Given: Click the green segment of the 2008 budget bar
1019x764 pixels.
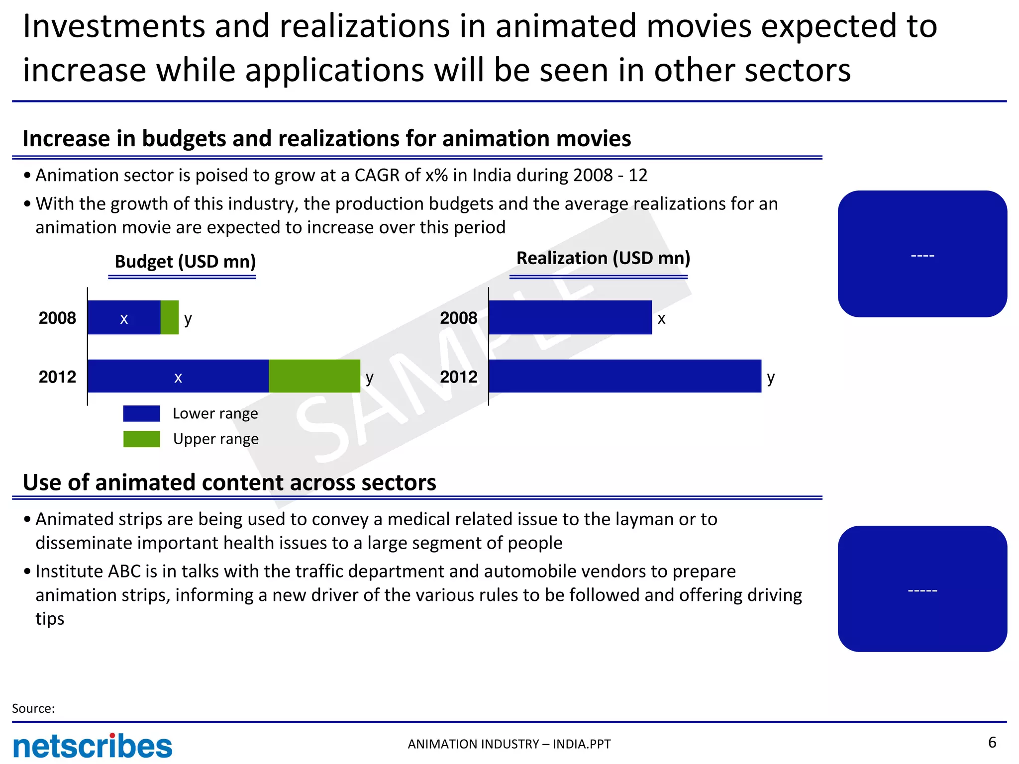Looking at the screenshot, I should tap(169, 317).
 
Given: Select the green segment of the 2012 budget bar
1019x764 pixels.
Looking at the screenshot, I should tap(314, 376).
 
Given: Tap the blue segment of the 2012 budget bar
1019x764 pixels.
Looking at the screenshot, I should tap(178, 376).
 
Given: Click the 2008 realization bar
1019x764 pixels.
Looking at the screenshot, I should tap(570, 317).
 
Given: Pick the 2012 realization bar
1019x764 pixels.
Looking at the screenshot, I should tap(624, 376).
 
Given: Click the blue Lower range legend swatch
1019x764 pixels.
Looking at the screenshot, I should tap(141, 413).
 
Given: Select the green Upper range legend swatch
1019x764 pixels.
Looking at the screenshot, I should tap(141, 439).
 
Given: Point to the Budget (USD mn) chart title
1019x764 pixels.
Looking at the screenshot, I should tap(185, 261).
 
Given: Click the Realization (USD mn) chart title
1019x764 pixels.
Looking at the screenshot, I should tap(603, 258).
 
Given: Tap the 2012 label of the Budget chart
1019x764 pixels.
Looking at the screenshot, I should tap(57, 377).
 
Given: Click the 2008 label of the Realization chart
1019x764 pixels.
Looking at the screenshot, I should tap(458, 318).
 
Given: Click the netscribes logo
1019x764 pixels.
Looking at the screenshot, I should tap(93, 746).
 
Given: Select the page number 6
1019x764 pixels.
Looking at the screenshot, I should tap(992, 742).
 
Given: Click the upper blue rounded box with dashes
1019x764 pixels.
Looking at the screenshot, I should tap(922, 254).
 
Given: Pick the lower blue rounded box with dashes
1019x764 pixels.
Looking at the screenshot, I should tap(922, 589).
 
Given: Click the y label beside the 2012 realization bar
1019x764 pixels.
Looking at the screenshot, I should tap(770, 378).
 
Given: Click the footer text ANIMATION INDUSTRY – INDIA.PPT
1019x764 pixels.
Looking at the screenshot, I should tap(509, 744).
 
